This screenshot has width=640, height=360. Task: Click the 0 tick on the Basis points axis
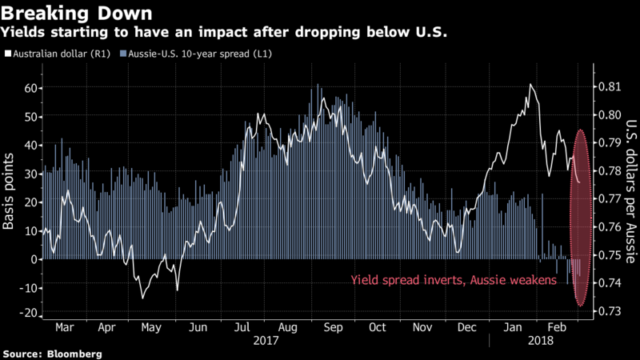[34, 259]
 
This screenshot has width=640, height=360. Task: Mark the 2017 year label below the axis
[266, 339]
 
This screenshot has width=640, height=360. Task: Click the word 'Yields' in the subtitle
[23, 34]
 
